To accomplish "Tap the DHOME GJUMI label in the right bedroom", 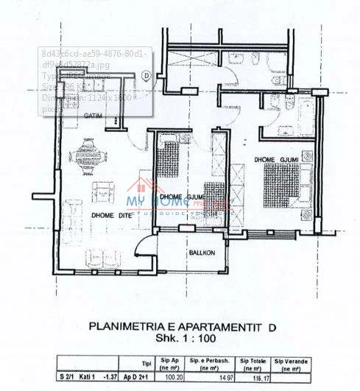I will (x=276, y=159).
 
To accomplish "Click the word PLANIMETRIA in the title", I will (x=127, y=325).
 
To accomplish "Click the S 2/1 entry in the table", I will (x=66, y=377).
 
